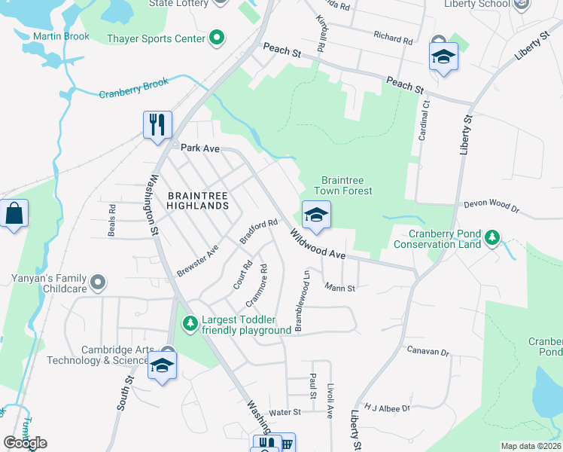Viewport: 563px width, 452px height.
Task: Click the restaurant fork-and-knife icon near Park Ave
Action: (158, 124)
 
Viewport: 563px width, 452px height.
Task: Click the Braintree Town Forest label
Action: (346, 185)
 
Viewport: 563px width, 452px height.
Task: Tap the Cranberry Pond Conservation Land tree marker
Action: (492, 238)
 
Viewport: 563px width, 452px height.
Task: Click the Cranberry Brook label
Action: (134, 88)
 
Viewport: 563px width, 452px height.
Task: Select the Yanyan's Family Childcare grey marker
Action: (97, 283)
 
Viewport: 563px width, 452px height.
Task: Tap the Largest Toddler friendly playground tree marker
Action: (191, 324)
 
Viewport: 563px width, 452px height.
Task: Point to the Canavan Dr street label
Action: (428, 351)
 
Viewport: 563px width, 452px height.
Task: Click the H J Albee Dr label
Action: (387, 408)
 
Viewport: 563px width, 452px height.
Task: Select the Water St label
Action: (285, 412)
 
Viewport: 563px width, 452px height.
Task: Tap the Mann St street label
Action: (339, 287)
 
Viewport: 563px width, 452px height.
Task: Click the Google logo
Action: (25, 443)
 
